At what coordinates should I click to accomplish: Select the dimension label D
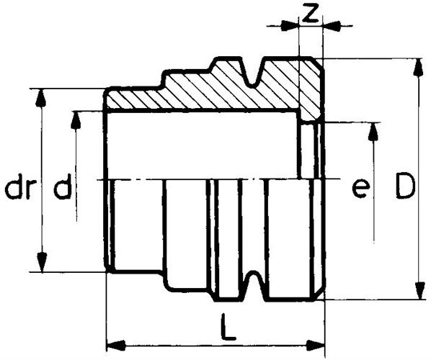[x=404, y=186]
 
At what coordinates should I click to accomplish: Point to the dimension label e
[x=360, y=189]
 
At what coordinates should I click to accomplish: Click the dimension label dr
[x=19, y=186]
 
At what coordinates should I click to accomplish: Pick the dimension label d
[x=63, y=186]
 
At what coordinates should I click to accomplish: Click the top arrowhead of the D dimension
[x=419, y=66]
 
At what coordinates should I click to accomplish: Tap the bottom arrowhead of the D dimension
[x=419, y=291]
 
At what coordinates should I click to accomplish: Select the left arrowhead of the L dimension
[x=116, y=346]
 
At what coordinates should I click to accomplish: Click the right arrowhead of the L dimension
[x=316, y=346]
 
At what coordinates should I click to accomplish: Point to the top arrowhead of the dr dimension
[x=40, y=98]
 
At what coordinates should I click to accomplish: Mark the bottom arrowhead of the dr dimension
[x=41, y=263]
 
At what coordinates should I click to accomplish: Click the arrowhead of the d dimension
[x=75, y=120]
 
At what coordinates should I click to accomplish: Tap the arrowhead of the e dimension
[x=373, y=132]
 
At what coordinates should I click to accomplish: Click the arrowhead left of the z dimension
[x=290, y=26]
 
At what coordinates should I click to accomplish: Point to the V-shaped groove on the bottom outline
[x=253, y=286]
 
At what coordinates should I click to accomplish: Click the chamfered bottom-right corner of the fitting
[x=319, y=294]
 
